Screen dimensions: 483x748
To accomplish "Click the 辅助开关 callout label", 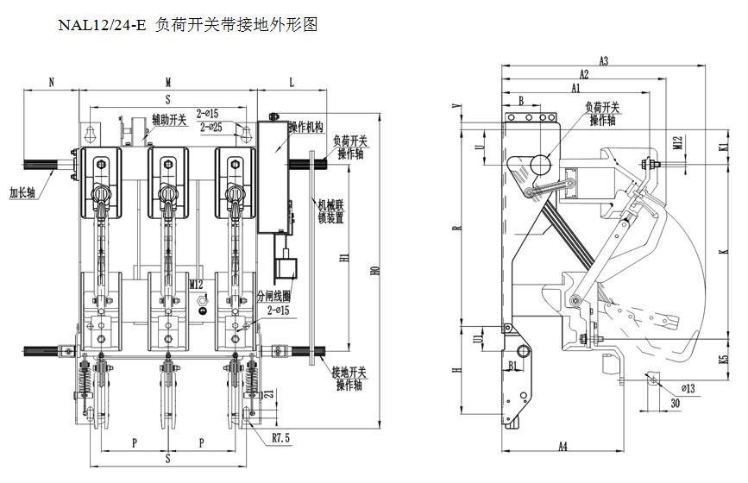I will pos(169,120).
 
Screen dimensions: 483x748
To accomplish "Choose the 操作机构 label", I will pos(305,127).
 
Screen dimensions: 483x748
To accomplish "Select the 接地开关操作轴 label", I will pos(350,378).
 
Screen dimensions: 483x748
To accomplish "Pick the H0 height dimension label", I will pos(374,270).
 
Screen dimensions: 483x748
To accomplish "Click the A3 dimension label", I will pos(603,60).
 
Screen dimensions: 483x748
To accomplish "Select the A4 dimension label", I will pos(562,446).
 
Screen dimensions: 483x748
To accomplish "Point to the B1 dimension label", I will pos(513,366).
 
